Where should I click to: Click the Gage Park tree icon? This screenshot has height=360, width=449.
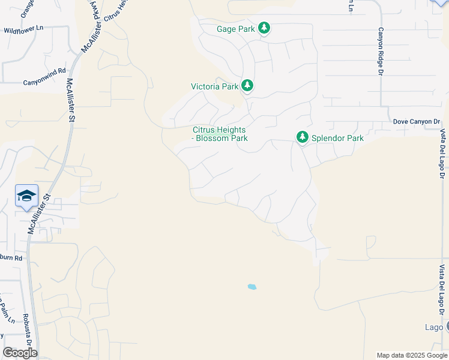[x=264, y=28]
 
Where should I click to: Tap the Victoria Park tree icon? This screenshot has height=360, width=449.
[x=247, y=86]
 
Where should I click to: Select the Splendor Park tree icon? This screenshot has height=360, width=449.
[x=303, y=138]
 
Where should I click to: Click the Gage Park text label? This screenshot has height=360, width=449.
[x=236, y=29]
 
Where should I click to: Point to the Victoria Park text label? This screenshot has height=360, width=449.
[x=214, y=86]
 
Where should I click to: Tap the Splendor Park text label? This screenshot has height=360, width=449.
[x=337, y=138]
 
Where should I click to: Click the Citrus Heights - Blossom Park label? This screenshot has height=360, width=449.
[x=220, y=134]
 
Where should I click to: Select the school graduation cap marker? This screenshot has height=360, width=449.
[x=26, y=196]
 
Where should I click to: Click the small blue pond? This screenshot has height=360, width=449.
[x=252, y=287]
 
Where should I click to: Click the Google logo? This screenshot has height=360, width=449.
[x=20, y=353]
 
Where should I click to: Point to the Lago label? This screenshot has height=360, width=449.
[x=432, y=327]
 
